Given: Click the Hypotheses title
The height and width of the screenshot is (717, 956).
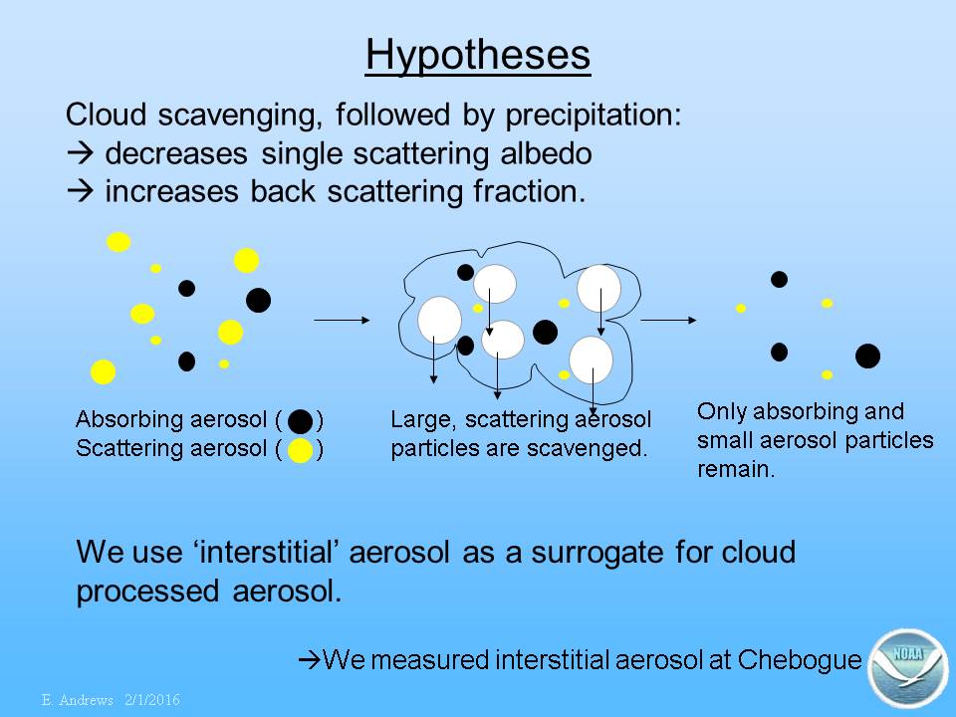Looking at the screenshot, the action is click(x=478, y=56).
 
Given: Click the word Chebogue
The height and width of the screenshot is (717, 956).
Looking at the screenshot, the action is click(x=800, y=659).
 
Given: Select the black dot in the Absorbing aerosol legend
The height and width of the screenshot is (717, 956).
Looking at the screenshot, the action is click(x=300, y=420).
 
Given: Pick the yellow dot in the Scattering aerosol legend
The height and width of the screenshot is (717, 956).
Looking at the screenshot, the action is click(x=300, y=450).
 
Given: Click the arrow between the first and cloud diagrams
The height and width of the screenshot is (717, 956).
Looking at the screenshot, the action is click(x=342, y=320).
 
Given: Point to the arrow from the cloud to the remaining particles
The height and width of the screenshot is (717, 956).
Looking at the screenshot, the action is click(x=668, y=320).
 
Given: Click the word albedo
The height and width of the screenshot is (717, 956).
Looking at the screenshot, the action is click(x=547, y=153).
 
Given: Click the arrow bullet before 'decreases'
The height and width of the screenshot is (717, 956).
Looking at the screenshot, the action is click(x=81, y=153).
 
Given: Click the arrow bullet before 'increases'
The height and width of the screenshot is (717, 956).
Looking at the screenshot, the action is click(x=81, y=191).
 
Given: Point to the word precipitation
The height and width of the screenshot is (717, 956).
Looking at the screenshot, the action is click(x=594, y=116).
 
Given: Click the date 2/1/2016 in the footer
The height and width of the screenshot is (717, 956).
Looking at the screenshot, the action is click(x=152, y=699).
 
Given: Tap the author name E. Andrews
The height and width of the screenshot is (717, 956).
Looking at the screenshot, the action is click(x=78, y=699).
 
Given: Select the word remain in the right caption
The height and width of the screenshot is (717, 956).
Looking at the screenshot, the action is click(x=736, y=469).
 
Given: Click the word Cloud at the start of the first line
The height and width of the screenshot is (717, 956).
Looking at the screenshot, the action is click(x=107, y=115).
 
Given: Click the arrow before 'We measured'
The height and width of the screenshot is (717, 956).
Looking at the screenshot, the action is click(x=310, y=659).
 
